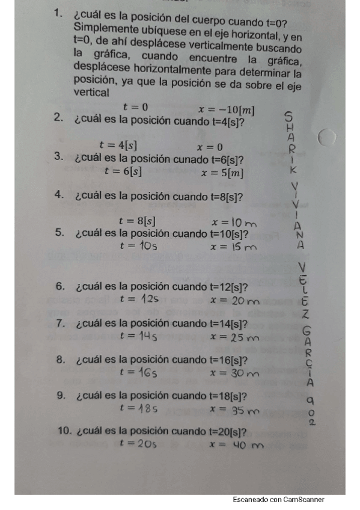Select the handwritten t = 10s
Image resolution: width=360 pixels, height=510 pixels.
139,245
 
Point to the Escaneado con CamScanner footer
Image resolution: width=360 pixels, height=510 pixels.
279,500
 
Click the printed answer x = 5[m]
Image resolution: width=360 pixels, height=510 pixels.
222,173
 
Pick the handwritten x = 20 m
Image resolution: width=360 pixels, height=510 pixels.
235,300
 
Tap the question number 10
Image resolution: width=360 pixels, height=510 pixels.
64,431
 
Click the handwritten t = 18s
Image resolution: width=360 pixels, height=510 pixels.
139,408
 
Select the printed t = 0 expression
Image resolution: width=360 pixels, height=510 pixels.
135,107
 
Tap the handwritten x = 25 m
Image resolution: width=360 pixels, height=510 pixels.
234,337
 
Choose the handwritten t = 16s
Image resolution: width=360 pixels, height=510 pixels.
138,372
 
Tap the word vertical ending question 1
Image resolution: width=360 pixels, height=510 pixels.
92,93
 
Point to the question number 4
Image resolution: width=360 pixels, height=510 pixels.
59,195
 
